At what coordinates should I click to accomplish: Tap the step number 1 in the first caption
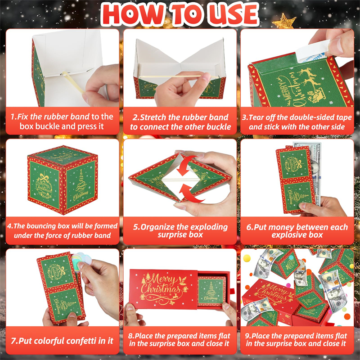13,117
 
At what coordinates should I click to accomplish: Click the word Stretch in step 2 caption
152,117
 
